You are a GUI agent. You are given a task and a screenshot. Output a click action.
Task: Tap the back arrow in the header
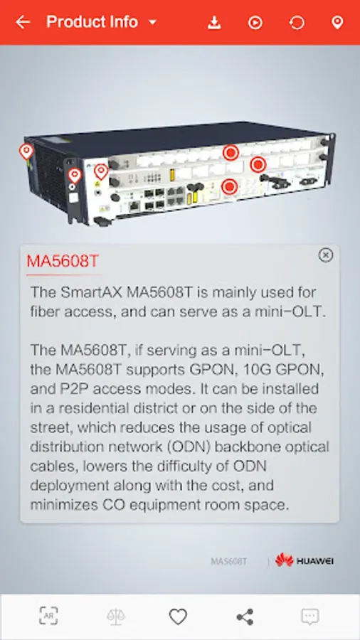(23, 22)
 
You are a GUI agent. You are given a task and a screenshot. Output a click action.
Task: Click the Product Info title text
(92, 21)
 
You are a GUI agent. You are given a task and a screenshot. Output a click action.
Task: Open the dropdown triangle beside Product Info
(153, 22)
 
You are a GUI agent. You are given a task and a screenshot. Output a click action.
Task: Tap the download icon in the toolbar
(214, 23)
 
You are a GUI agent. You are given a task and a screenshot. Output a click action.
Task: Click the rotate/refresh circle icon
(297, 23)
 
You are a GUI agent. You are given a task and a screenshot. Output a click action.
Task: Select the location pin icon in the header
(337, 23)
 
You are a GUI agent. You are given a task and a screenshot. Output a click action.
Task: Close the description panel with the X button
(325, 255)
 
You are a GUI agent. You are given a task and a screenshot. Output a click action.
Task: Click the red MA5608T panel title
(63, 261)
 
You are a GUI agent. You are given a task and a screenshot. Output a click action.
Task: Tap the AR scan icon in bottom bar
(48, 616)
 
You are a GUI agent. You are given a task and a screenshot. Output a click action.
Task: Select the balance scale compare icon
(116, 617)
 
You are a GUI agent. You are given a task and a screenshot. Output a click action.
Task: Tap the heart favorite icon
(178, 617)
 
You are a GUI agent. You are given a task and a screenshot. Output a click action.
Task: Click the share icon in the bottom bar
(245, 617)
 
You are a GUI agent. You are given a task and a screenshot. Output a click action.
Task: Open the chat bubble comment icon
(310, 617)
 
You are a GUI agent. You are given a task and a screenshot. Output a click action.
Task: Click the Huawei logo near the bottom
(305, 561)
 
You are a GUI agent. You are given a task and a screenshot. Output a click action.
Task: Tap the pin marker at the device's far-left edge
(26, 151)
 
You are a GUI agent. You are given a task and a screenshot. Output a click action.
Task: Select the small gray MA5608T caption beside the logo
(228, 562)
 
